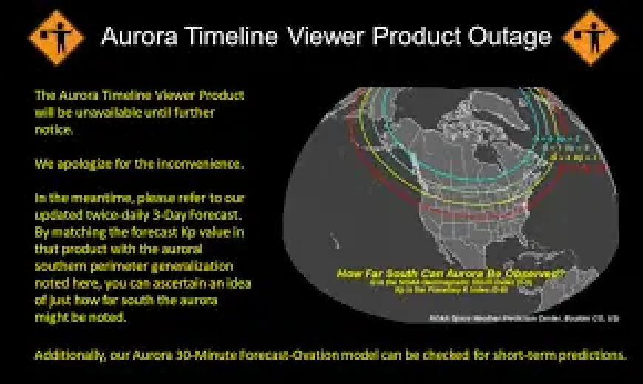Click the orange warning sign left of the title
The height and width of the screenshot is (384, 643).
pos(56,37)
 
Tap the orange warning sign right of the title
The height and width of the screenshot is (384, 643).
pos(590,37)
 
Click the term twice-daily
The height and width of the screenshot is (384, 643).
pos(115,215)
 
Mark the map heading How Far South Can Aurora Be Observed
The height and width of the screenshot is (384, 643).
pos(451,273)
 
